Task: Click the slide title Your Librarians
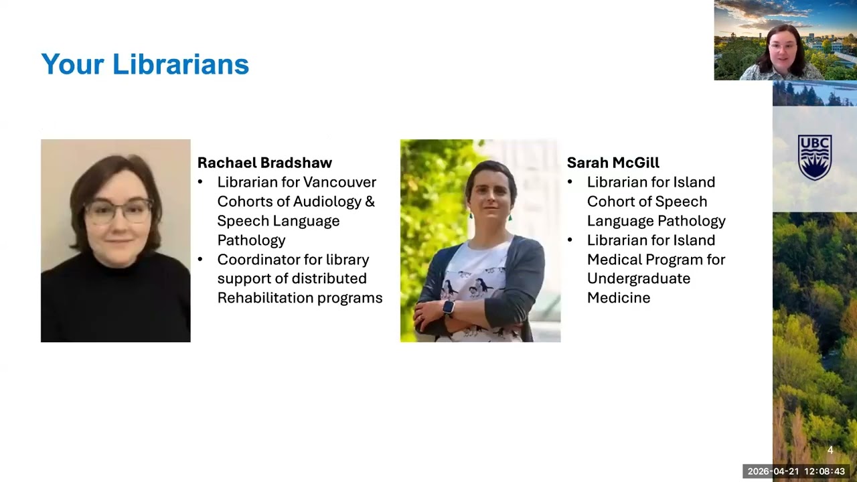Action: click(x=145, y=64)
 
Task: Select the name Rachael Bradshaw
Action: click(x=264, y=163)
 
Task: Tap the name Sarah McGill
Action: click(x=613, y=163)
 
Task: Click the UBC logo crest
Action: click(x=814, y=157)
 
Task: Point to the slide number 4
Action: click(x=830, y=451)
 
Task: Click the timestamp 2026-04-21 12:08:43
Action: click(x=796, y=471)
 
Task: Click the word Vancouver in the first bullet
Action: click(x=339, y=182)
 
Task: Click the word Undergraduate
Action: click(x=638, y=278)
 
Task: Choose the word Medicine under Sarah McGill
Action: click(x=618, y=298)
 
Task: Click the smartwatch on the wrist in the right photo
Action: click(x=448, y=307)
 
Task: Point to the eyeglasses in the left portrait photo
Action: click(x=118, y=212)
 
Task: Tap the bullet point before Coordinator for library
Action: click(x=200, y=260)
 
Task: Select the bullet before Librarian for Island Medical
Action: click(x=570, y=240)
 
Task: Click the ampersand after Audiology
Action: click(x=370, y=202)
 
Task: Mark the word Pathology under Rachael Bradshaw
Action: click(x=251, y=240)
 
